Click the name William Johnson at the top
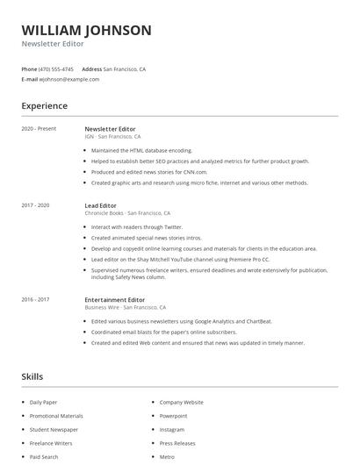(86, 31)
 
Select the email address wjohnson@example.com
(69, 79)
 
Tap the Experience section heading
(45, 106)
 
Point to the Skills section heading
(32, 376)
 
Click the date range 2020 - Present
(39, 129)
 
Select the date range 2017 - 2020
(36, 205)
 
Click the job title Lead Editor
(100, 205)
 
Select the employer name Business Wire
(102, 308)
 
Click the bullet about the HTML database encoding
(141, 150)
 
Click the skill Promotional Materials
(56, 416)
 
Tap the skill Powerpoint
(173, 416)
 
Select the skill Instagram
(172, 430)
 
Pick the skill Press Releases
(177, 443)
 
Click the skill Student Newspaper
(54, 430)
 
